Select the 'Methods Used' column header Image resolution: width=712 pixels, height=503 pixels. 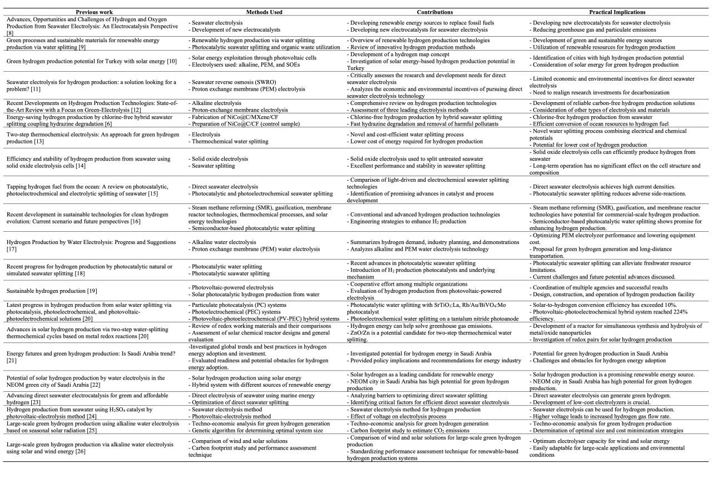(x=264, y=12)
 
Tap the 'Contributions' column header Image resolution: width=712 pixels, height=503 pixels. (x=434, y=12)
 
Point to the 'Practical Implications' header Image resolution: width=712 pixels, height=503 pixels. (x=618, y=12)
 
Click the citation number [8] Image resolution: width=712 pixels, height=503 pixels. (x=9, y=33)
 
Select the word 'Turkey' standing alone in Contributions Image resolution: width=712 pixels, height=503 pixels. (x=357, y=68)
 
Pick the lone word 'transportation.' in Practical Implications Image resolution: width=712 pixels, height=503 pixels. (x=551, y=256)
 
